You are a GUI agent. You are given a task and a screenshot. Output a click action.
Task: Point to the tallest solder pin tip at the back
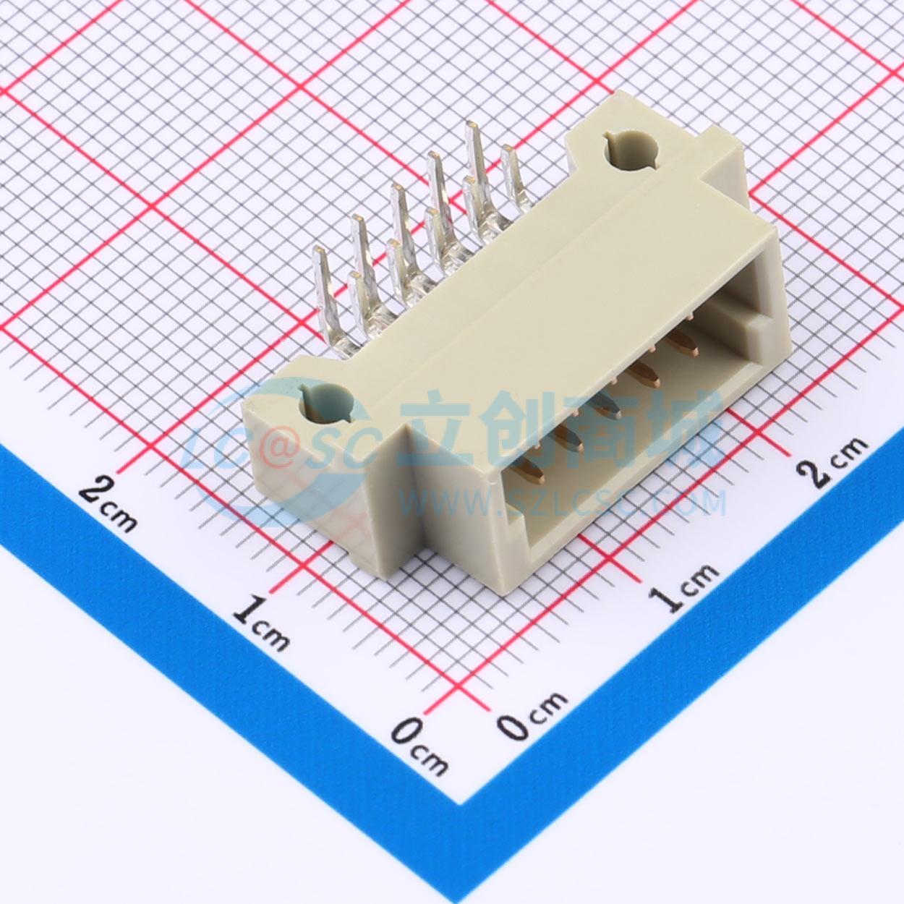point(472,126)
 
